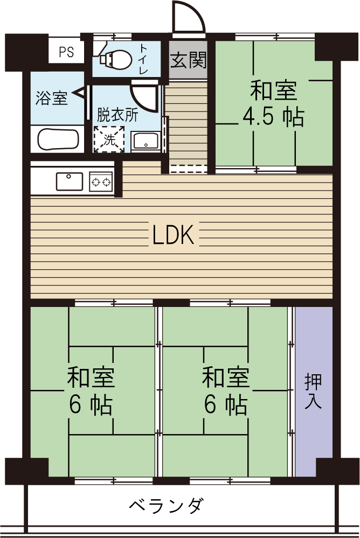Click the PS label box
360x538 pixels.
[x=66, y=52]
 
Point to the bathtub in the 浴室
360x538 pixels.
[x=59, y=140]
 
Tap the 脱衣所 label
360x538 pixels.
[x=117, y=114]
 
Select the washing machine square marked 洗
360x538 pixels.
[x=109, y=139]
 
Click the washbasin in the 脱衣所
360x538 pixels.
[x=146, y=141]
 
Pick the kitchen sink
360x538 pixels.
[x=69, y=181]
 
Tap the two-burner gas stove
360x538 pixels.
[x=101, y=181]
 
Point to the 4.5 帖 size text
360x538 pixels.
[x=273, y=117]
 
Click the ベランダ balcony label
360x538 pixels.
[x=167, y=506]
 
